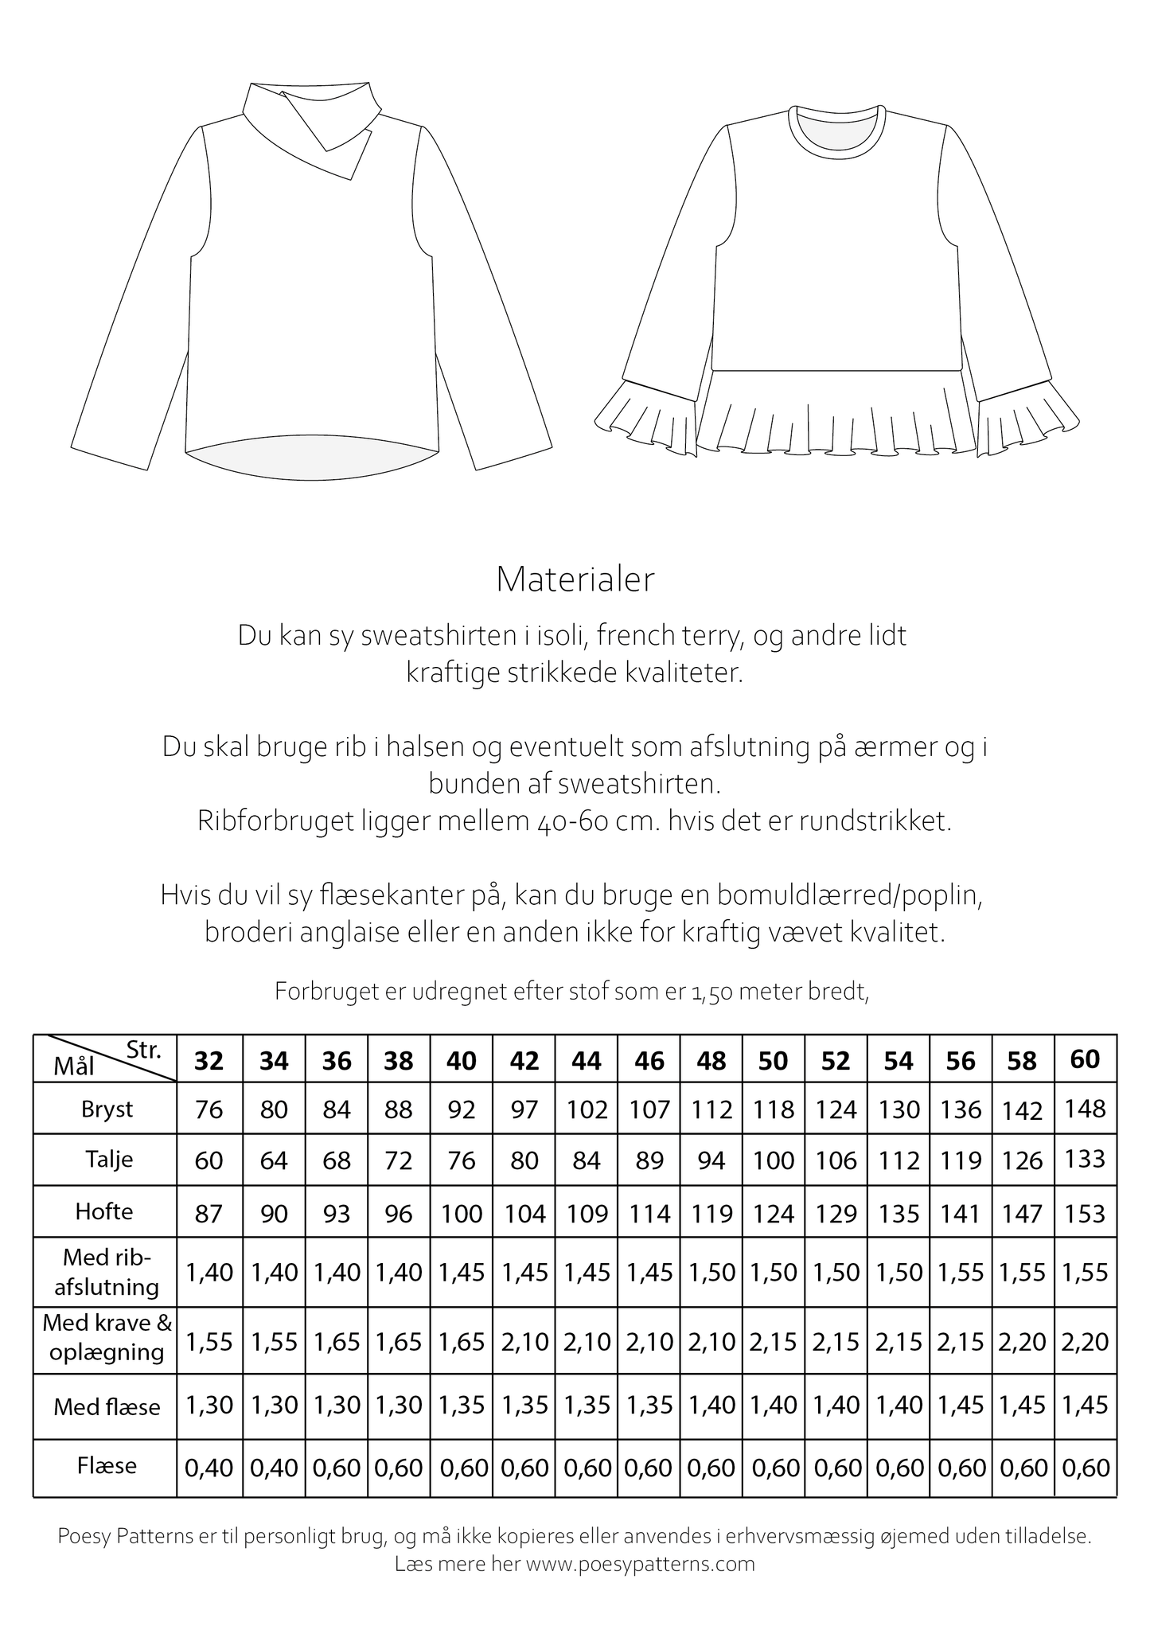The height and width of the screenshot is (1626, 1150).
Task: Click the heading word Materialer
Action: [x=575, y=579]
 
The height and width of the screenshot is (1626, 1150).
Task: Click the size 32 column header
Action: [x=209, y=1061]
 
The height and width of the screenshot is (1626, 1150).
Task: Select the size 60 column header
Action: [x=1086, y=1059]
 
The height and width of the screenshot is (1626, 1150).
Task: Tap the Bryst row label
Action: [x=107, y=1109]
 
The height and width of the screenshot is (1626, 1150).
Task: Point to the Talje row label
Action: [x=107, y=1159]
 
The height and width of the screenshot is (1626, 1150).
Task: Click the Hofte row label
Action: [x=104, y=1211]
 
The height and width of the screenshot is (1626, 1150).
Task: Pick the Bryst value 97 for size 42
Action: [x=524, y=1109]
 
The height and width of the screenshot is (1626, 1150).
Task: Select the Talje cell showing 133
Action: [x=1086, y=1159]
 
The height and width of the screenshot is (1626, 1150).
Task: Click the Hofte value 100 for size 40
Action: [x=462, y=1214]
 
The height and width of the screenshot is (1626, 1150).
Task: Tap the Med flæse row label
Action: [x=107, y=1407]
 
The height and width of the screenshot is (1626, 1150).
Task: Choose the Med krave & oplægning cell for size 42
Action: [x=524, y=1342]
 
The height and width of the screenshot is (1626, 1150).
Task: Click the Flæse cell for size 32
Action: [x=209, y=1467]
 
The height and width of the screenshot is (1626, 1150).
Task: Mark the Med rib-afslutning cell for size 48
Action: [x=711, y=1272]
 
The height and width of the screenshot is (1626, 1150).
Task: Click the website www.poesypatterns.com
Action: [x=640, y=1564]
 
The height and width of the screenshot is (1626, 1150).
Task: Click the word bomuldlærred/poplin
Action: [x=851, y=895]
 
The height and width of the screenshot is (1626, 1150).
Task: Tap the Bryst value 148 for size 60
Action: [x=1086, y=1108]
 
